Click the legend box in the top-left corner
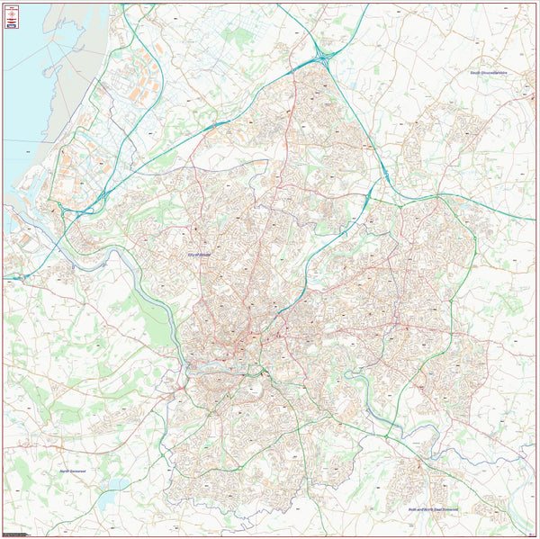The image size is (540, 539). pyautogui.click(x=12, y=17)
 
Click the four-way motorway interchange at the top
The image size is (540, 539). pyautogui.click(x=321, y=58)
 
